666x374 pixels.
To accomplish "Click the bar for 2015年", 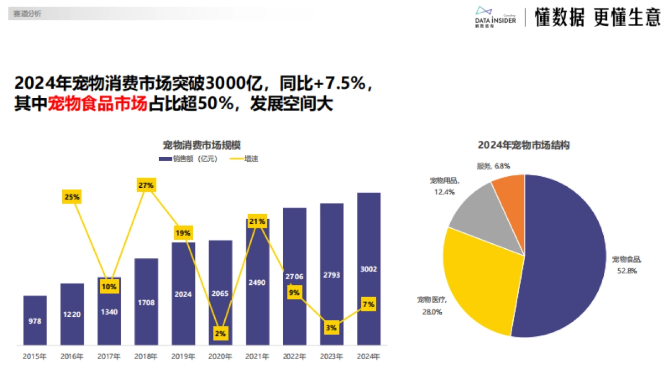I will [35, 320].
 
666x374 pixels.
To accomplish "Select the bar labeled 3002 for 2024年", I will [369, 269].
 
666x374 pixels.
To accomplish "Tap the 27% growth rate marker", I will [146, 185].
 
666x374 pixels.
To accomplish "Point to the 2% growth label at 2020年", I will [220, 333].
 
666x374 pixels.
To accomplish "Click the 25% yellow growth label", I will [72, 197].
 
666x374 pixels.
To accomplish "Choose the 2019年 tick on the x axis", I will [183, 357].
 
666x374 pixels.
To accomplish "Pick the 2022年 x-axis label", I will [294, 357].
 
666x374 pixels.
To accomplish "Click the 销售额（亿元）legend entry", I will [187, 158].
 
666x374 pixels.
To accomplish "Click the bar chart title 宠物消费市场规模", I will [201, 145].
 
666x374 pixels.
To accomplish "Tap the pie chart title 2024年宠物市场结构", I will [524, 145].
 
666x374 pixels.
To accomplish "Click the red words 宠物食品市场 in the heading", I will [98, 104].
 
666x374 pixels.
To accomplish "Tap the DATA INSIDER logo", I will [496, 17].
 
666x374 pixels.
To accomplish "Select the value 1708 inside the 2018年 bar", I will [146, 303].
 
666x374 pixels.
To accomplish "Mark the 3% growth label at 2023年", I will [331, 327].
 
